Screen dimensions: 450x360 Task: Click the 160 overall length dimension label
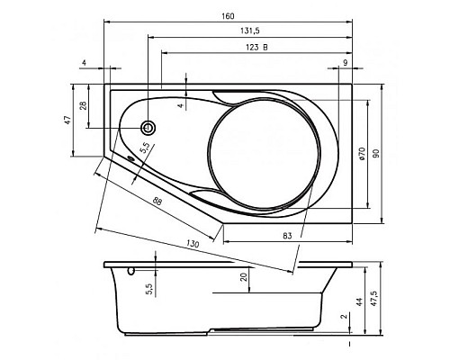tap(228, 16)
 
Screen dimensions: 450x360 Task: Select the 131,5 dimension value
tap(249, 31)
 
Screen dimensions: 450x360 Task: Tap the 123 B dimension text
tap(257, 48)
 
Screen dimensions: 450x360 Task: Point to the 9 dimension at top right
tap(346, 63)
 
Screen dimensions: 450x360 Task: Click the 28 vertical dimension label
tap(84, 105)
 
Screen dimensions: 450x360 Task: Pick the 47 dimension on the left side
tap(68, 120)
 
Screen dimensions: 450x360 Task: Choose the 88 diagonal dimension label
tap(157, 202)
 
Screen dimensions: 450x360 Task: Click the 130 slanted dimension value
tap(193, 244)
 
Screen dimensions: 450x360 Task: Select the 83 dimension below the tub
tap(287, 236)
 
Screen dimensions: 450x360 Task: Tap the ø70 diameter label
tap(362, 154)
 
